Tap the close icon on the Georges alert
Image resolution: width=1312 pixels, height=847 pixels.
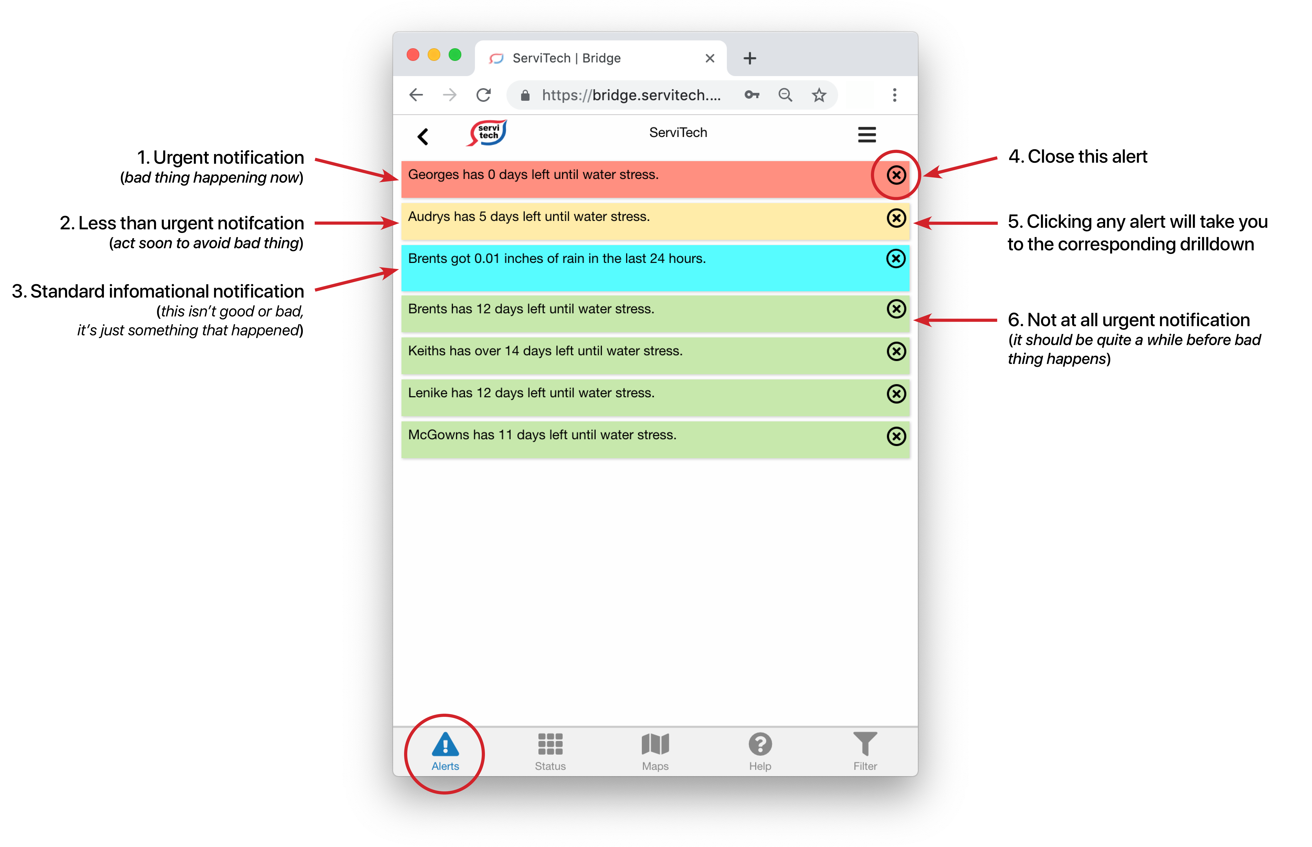[x=896, y=175]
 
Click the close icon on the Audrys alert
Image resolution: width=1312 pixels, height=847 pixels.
[x=896, y=218]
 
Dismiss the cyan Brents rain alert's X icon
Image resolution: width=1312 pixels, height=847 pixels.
[x=896, y=258]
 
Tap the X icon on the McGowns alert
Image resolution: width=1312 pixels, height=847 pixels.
[x=896, y=436]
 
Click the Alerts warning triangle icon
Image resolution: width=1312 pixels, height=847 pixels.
[x=445, y=745]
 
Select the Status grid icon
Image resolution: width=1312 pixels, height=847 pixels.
[x=550, y=744]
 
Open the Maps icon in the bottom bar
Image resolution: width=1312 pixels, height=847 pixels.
[x=655, y=744]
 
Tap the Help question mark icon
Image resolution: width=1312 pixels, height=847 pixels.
[x=760, y=744]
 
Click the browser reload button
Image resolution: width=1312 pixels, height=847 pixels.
[x=483, y=95]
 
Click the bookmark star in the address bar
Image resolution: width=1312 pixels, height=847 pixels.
[x=819, y=95]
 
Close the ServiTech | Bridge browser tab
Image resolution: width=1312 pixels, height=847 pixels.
[x=710, y=58]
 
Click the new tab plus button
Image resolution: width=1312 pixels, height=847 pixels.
[x=749, y=58]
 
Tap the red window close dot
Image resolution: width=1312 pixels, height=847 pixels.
[x=413, y=55]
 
